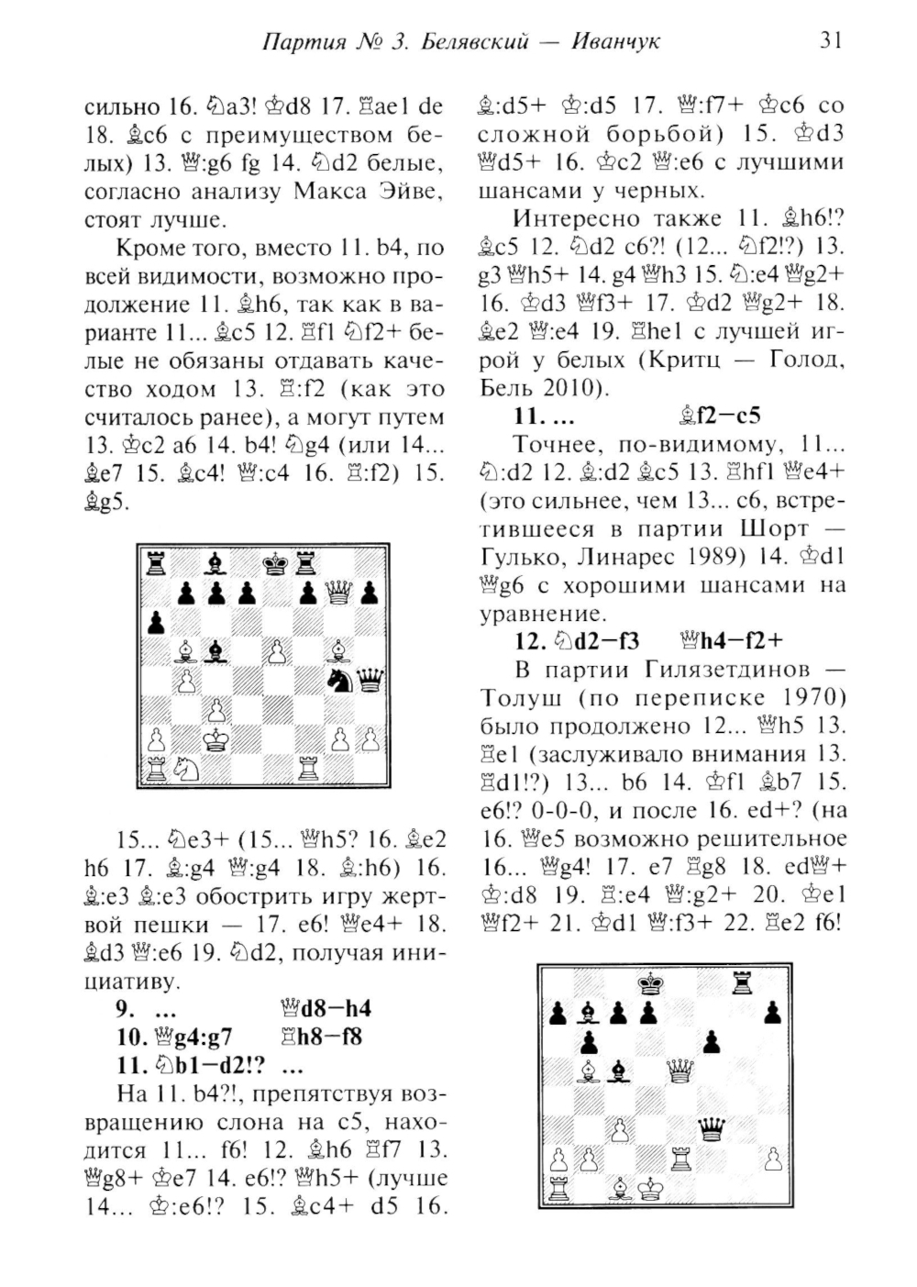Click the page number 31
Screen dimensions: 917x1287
click(x=830, y=40)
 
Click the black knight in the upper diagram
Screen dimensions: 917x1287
click(x=338, y=682)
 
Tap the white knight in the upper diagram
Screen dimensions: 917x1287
click(x=187, y=768)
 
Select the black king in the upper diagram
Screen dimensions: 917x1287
click(x=275, y=565)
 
